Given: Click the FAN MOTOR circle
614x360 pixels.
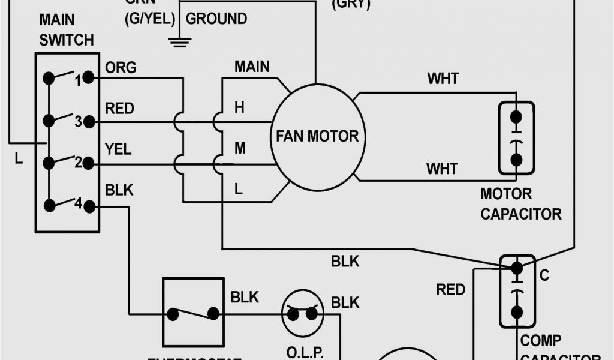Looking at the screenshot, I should coord(317,136).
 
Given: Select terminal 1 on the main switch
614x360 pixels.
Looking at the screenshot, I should coord(88,77).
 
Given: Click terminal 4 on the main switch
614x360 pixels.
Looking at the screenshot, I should coord(88,206).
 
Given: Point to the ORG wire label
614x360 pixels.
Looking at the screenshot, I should coord(120,67).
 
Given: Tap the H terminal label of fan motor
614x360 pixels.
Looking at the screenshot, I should coord(239,108).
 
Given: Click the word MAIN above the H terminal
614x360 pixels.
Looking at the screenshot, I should coord(252,66).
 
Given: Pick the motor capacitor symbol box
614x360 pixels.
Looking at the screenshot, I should coord(516,137).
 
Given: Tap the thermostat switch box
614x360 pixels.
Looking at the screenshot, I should coord(193,312).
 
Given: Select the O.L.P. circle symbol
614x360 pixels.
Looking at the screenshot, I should coord(302,313).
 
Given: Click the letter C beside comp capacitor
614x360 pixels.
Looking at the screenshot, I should coord(544,275).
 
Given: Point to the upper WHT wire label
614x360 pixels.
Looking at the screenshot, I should coord(443,79).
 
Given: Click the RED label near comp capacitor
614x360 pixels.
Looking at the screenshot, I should coord(450,290).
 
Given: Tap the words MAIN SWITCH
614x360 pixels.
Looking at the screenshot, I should coord(66,30).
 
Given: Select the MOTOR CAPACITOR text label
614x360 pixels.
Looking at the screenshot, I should coord(520,203).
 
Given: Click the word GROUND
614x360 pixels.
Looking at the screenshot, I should coord(216,19).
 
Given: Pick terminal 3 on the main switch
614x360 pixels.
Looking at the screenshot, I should coord(88,122).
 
